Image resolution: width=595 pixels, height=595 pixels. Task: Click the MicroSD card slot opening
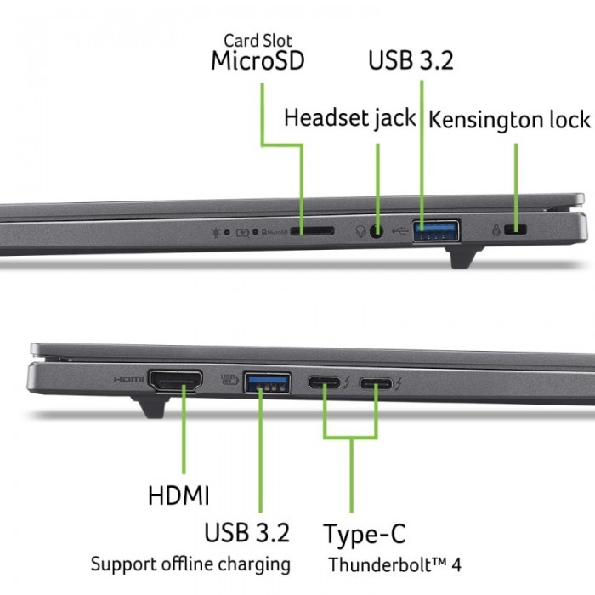pos(312,230)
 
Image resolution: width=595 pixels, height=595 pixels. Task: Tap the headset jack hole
pos(376,230)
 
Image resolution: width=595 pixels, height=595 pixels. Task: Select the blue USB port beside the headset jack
pos(436,230)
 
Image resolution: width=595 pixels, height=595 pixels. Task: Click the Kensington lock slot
pos(515,229)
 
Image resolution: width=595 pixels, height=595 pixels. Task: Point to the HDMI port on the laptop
pos(175,381)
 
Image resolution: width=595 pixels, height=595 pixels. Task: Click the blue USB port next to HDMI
pos(267,382)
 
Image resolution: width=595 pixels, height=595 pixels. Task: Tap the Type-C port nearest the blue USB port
pos(324,382)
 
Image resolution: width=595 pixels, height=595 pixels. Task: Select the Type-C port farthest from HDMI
pos(376,383)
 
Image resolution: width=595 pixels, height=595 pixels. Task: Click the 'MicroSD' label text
pos(258,60)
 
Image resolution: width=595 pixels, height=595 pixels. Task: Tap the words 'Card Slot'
pos(258,41)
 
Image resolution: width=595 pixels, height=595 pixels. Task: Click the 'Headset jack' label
pos(350,118)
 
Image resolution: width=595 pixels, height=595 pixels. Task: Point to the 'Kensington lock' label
pos(509,120)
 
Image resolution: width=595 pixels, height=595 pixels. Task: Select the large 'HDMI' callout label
pos(178,496)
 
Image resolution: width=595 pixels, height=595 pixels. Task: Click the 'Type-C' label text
pos(365,534)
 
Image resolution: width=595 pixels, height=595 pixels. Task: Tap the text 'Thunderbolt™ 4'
pos(394,564)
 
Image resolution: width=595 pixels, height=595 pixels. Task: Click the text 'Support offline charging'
pos(190,564)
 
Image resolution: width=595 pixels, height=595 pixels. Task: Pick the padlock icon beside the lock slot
pos(496,230)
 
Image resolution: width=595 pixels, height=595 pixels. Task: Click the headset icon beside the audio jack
pos(360,230)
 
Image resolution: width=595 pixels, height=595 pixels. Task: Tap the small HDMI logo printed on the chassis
pos(128,379)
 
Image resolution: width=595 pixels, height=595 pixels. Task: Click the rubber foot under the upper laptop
pos(464,258)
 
